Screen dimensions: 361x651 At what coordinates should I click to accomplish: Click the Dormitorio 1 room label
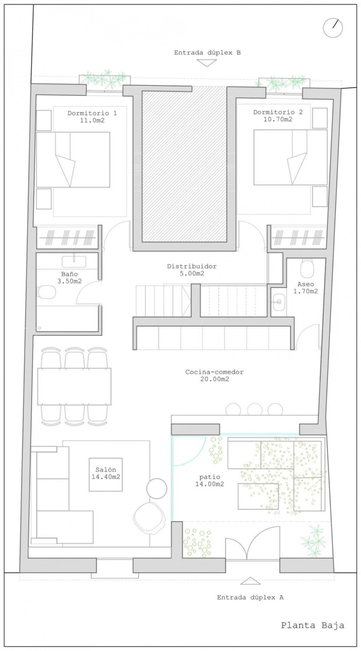[92, 117]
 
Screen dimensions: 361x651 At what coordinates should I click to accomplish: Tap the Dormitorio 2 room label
[278, 116]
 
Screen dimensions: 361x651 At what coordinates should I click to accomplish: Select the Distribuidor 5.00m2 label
[192, 270]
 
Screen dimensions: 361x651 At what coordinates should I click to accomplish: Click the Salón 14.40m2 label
[106, 473]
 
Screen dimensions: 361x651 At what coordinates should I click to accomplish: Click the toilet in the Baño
[46, 292]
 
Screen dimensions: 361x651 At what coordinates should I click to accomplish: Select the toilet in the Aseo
[306, 269]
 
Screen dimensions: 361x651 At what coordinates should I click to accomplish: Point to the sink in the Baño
[74, 261]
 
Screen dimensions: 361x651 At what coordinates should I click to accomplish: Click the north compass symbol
[333, 28]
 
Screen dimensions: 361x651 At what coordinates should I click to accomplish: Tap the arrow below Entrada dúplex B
[207, 63]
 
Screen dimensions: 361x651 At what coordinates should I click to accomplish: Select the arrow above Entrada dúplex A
[250, 580]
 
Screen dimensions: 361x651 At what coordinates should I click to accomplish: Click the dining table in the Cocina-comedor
[74, 386]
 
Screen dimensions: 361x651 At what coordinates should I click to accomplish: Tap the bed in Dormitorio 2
[290, 157]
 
